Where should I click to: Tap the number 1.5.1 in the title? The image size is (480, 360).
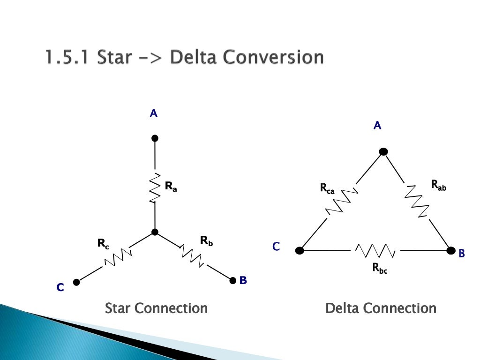tap(67, 58)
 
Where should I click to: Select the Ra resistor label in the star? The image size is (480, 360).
tap(171, 187)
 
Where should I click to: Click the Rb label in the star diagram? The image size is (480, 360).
tap(206, 241)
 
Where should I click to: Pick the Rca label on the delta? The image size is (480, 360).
tap(327, 188)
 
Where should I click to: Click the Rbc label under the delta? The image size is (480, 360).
tap(380, 268)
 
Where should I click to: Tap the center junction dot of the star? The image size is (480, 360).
tap(155, 232)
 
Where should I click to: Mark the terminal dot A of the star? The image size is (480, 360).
tap(155, 138)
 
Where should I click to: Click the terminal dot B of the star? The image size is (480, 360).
tap(232, 280)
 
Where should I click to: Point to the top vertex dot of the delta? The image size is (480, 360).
tap(383, 151)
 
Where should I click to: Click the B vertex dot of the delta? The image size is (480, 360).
tap(451, 250)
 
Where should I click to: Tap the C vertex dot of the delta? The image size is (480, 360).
tap(300, 250)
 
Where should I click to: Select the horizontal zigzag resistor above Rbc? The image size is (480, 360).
tap(375, 250)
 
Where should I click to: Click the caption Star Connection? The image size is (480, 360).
tap(156, 308)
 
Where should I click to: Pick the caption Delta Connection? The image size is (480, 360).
tap(381, 308)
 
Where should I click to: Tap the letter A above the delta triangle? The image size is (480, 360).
tap(377, 125)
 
